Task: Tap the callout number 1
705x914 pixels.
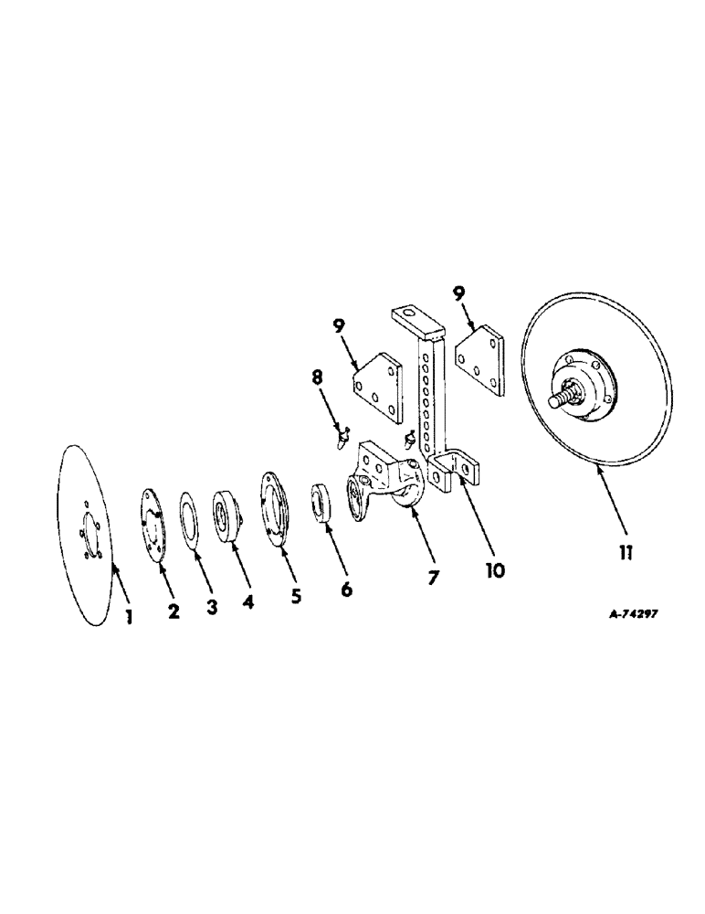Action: click(x=129, y=618)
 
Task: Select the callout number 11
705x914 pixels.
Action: click(x=626, y=552)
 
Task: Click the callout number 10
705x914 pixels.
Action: click(x=496, y=571)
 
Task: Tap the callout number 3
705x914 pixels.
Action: click(x=212, y=607)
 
